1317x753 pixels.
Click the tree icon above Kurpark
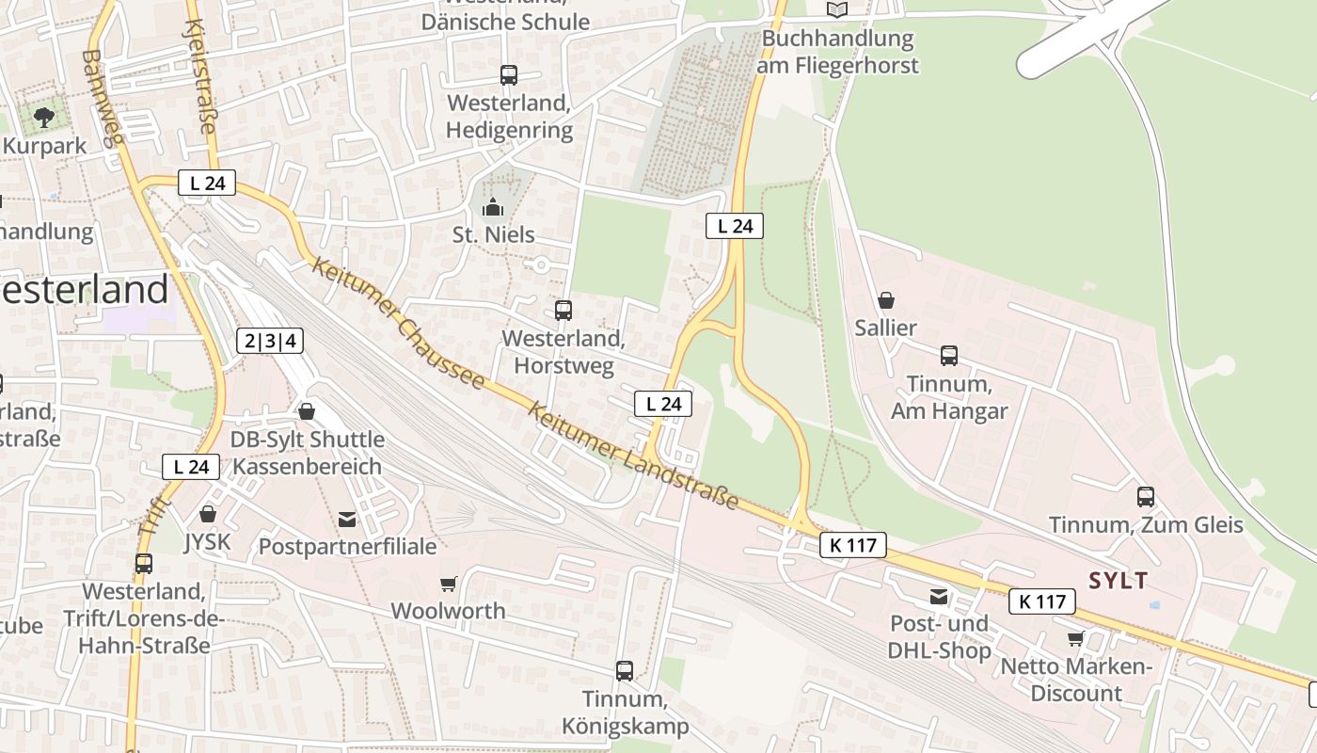coord(43,117)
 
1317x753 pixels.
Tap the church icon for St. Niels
coord(492,207)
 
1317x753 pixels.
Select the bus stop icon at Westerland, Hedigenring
coord(509,74)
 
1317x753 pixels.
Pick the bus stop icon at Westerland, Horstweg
coord(563,310)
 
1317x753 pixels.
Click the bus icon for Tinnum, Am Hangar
coord(949,356)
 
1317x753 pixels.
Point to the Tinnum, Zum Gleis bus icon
coord(1145,496)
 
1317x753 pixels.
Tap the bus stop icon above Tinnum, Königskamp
coord(625,670)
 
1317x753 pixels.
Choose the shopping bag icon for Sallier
coord(885,300)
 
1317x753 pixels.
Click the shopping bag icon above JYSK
coord(208,514)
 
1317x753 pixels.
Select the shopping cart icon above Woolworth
coord(448,584)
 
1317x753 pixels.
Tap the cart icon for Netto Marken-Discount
coord(1075,638)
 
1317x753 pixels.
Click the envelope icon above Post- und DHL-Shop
coord(938,596)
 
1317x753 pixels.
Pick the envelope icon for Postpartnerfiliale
coord(347,519)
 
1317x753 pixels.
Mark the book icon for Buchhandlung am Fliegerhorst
coord(836,9)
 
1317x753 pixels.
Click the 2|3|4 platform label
coord(270,341)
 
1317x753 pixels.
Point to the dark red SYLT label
coord(1119,581)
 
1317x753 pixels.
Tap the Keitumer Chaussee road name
coord(399,324)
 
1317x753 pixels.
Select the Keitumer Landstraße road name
coord(633,457)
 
